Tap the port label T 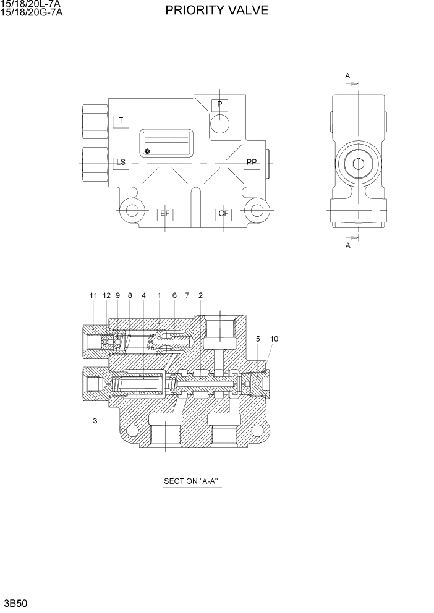[x=121, y=120]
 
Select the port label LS [x=121, y=163]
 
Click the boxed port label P [x=219, y=104]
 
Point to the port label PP [x=252, y=163]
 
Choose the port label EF [x=165, y=214]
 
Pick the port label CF [x=223, y=214]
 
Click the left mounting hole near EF [x=132, y=209]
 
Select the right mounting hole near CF [x=255, y=209]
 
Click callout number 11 [x=93, y=296]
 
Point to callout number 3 [x=95, y=421]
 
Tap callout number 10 [x=274, y=339]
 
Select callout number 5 [x=258, y=339]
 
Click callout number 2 [x=200, y=296]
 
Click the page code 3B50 [x=16, y=602]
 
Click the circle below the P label [x=219, y=123]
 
